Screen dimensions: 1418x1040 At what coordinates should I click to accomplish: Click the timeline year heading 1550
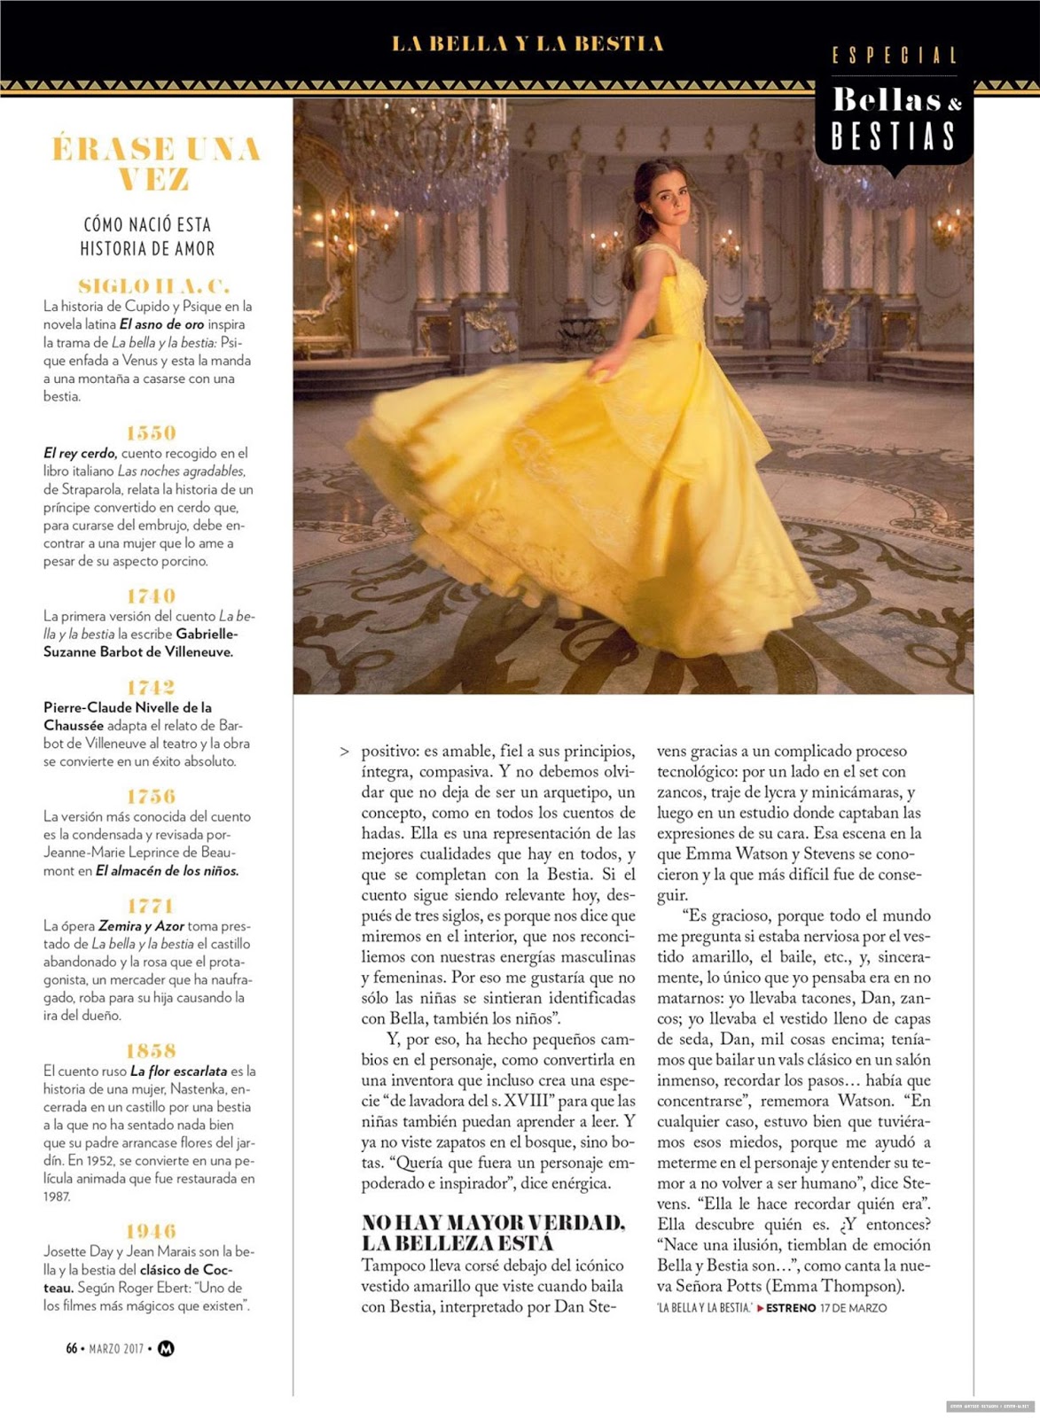(151, 432)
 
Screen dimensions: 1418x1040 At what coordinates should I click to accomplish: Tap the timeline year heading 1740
(151, 596)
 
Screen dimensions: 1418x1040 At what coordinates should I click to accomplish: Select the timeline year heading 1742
(151, 687)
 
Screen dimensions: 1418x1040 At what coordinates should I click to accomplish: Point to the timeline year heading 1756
(151, 796)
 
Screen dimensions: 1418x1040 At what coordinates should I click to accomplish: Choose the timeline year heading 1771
(151, 906)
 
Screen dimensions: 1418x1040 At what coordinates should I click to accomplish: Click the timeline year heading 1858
(151, 1050)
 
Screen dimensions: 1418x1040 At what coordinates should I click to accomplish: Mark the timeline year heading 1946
(151, 1231)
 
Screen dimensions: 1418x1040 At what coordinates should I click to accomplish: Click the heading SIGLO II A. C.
(153, 285)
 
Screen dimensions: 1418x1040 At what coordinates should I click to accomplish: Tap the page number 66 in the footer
(72, 1349)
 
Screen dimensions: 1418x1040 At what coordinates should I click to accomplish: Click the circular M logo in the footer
(166, 1349)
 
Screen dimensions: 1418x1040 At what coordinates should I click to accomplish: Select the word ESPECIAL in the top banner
(895, 56)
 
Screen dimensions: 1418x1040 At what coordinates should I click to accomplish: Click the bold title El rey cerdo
(80, 453)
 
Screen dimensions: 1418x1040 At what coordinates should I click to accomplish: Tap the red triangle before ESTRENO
(760, 1308)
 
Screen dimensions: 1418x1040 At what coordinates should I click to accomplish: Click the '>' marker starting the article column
(344, 752)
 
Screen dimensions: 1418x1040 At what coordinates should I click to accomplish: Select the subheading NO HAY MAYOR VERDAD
(493, 1223)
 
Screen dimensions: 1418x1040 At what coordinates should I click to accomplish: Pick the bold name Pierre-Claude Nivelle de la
(128, 707)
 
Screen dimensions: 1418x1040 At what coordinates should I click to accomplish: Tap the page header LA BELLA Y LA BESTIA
(528, 43)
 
